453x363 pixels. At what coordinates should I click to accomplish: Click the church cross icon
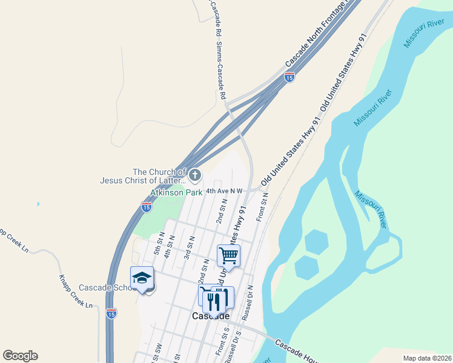(194, 175)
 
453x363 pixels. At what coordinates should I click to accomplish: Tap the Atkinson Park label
(177, 192)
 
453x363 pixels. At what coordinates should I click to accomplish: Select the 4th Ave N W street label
(224, 191)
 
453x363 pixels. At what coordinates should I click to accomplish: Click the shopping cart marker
(229, 255)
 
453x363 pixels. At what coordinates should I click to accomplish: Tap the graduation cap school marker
(142, 278)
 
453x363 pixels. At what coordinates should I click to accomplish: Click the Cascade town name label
(211, 316)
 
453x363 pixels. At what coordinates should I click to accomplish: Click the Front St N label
(261, 208)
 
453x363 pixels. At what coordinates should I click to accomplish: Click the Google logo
(20, 356)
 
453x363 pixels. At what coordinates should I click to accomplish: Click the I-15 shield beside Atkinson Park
(146, 207)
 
